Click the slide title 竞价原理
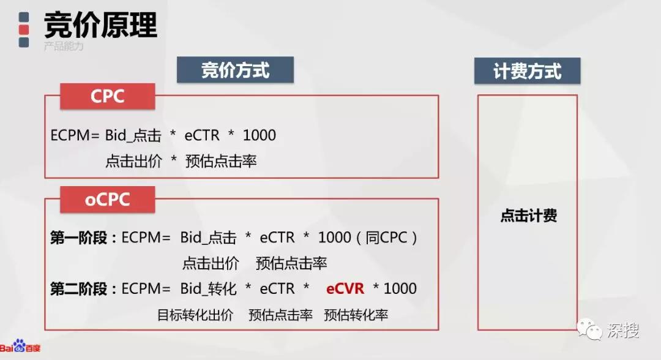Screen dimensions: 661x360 100,25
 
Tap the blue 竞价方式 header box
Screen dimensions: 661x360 235,70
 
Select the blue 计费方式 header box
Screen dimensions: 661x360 528,71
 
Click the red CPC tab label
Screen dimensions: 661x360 108,97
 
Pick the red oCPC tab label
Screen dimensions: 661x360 108,200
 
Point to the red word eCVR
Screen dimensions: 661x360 345,289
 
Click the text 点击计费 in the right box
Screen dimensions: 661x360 529,216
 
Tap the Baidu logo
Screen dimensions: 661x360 20,347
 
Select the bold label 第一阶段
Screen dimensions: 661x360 78,238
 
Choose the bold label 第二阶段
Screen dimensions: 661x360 78,289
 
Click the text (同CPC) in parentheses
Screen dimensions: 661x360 387,238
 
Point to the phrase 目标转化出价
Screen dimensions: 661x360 195,315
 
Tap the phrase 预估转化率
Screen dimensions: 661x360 356,315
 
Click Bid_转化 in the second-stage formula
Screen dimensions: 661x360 208,289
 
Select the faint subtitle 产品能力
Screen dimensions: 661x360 64,46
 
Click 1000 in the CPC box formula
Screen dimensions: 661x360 260,135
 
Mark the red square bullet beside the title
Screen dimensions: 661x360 24,29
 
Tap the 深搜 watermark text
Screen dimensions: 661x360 623,330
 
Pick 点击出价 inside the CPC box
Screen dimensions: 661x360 133,161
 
